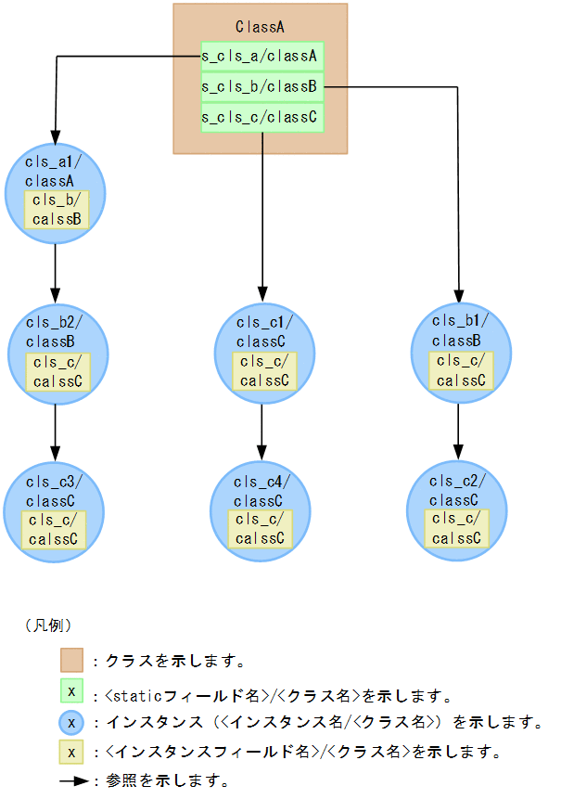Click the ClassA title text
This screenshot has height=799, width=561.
260,27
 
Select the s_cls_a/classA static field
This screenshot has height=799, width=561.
261,57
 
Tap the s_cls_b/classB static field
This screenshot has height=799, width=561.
261,87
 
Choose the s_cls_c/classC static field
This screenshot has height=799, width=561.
261,118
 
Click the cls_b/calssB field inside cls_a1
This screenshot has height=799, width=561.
56,210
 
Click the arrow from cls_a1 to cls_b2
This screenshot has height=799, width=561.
56,269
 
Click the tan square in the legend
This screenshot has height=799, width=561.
72,661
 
